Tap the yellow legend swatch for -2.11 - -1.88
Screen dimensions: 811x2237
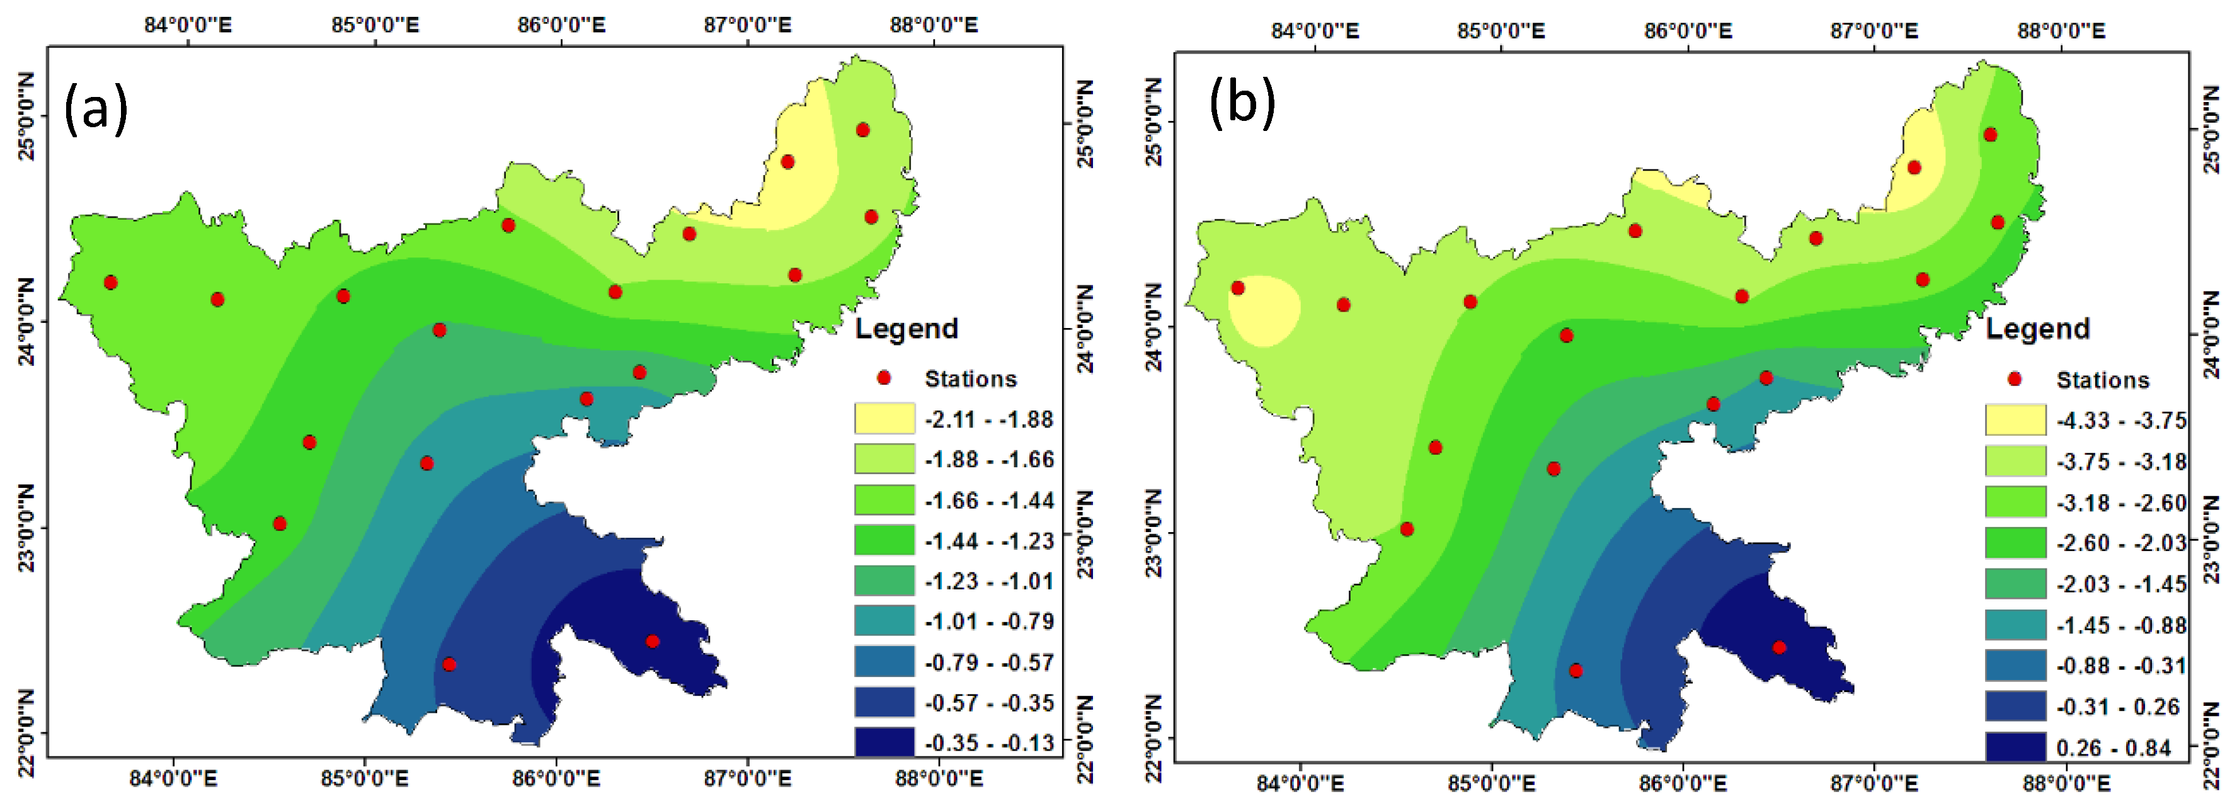coord(884,419)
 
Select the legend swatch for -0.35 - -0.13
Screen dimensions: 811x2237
coord(884,742)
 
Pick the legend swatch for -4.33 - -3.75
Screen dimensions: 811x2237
coord(2015,420)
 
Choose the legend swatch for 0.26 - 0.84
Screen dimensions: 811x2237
coord(2015,747)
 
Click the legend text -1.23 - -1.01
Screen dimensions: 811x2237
coord(989,581)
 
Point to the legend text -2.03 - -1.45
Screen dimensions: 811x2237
coord(2120,584)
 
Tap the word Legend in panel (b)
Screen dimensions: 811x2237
coord(2037,329)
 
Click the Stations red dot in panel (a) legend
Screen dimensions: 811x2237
coord(884,378)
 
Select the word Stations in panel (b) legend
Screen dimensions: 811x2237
coord(2102,380)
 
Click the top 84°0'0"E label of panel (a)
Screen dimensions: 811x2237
coord(188,25)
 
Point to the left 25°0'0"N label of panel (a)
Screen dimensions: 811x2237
coord(26,116)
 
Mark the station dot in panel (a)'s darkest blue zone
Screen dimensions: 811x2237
coord(652,642)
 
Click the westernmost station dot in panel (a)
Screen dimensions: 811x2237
coord(110,282)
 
